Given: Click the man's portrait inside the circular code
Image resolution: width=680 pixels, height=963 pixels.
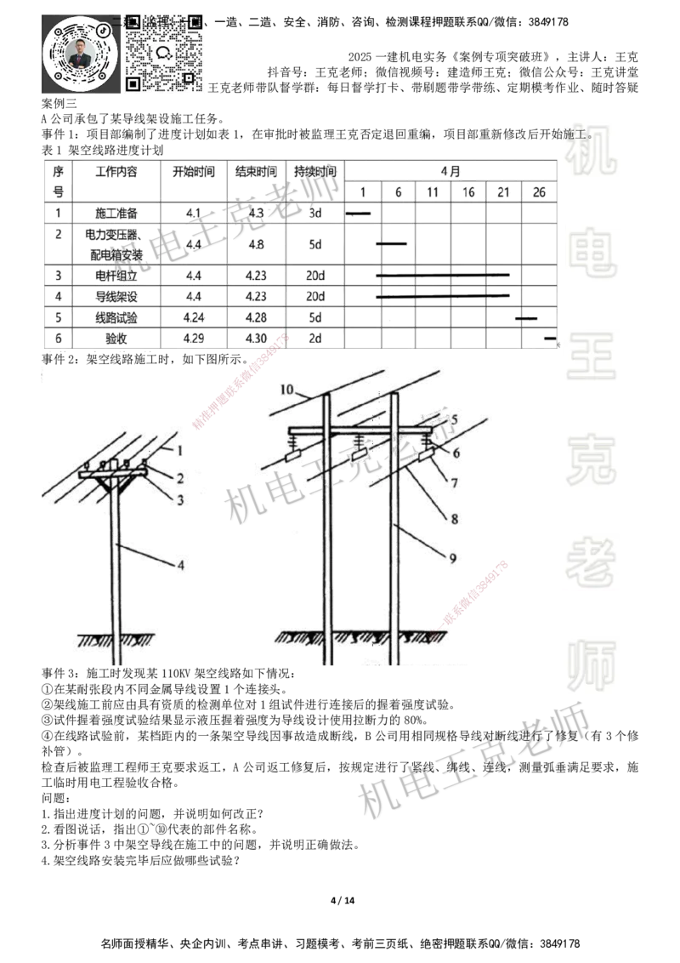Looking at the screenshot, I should [79, 55].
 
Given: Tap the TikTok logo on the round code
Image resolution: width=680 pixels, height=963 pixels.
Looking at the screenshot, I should [103, 29].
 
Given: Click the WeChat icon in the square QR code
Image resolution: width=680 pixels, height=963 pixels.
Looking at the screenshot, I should [164, 52].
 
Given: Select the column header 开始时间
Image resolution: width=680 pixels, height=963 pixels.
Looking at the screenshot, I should [195, 171].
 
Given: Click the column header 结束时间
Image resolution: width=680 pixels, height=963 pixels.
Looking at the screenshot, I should [256, 171].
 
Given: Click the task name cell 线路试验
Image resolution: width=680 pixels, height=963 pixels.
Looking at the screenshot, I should [116, 318].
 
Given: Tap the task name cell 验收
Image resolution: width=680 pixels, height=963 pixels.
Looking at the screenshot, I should [116, 339].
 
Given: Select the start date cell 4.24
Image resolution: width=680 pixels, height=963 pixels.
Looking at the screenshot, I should [195, 318].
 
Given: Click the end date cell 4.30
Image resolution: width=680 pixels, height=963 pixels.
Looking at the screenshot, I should [256, 339].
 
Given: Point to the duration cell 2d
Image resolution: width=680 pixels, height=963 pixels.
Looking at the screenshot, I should [315, 339].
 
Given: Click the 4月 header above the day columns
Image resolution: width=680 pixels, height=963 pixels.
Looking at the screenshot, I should [450, 171].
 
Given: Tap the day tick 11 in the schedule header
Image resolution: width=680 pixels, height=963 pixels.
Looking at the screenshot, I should [433, 192].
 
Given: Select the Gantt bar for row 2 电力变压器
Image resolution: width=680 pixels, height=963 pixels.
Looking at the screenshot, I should [391, 243].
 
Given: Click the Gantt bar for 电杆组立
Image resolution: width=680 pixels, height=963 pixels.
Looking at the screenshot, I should [442, 276].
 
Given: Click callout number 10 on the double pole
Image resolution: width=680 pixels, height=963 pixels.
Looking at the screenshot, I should [287, 390].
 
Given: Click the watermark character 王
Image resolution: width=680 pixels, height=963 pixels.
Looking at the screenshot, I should [591, 357].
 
